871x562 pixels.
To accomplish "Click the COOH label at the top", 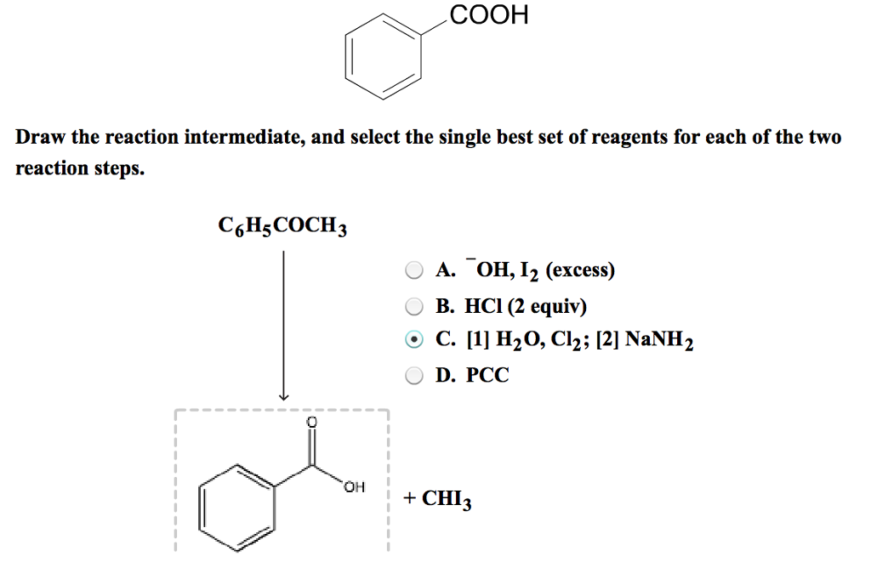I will (489, 14).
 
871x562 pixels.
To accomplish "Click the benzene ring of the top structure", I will (383, 61).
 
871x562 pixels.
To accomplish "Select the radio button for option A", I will (413, 271).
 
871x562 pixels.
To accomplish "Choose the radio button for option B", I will (413, 306).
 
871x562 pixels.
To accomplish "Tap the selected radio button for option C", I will (413, 340).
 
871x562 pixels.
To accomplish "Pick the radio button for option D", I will (413, 375).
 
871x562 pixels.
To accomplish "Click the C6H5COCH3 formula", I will (283, 228).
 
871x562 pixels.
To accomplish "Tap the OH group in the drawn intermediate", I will (355, 487).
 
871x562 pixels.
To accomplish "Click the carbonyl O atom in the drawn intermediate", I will (311, 423).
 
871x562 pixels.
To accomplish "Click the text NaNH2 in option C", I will (660, 340).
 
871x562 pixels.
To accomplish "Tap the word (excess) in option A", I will (580, 271).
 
